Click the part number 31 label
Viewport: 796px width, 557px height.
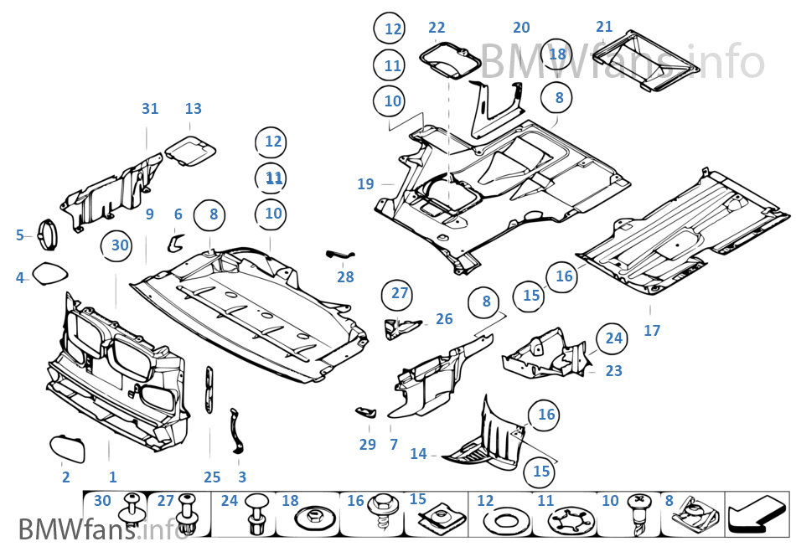pos(150,109)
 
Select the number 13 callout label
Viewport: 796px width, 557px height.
pos(194,109)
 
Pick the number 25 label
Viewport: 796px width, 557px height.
pos(212,477)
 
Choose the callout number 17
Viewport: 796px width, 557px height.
pos(652,331)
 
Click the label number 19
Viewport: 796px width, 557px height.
pos(365,184)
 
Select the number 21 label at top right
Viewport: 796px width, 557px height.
pos(604,27)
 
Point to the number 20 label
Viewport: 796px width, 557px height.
pos(521,28)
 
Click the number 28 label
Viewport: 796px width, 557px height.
pos(345,277)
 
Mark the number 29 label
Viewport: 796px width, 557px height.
pos(367,445)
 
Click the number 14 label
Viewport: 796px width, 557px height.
pos(419,454)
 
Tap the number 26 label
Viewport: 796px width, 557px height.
pos(444,319)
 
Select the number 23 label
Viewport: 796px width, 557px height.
pos(613,370)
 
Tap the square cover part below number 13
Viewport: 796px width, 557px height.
pos(190,152)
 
